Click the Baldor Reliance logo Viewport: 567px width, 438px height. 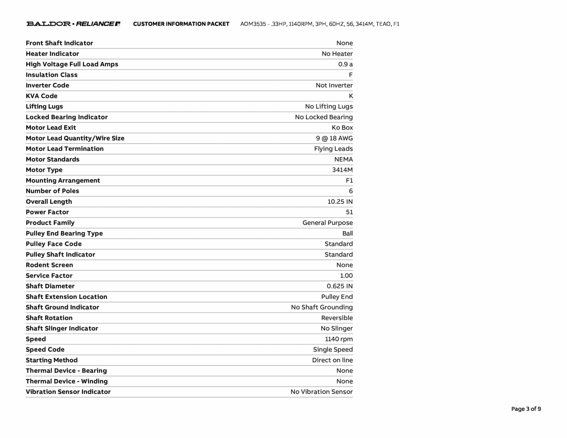73,24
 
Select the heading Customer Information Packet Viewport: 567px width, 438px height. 181,24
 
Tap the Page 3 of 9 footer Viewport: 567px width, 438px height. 526,409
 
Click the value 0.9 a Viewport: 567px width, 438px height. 345,64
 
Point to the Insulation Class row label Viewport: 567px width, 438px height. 51,75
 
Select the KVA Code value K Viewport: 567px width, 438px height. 351,96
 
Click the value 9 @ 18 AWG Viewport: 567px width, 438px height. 334,138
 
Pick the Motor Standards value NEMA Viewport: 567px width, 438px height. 343,159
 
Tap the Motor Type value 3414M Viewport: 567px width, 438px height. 342,170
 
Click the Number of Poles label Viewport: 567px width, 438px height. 52,191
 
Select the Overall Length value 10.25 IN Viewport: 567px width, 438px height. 340,202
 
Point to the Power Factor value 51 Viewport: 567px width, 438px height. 349,212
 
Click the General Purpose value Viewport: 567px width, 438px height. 328,223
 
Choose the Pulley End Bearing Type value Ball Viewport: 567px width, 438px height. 347,233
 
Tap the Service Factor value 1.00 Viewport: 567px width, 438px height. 346,276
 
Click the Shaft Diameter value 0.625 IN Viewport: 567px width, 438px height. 339,286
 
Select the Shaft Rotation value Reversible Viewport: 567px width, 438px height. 337,318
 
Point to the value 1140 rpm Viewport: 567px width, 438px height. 339,339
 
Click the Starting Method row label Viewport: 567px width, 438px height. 51,360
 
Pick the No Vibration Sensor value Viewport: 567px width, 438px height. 321,392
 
